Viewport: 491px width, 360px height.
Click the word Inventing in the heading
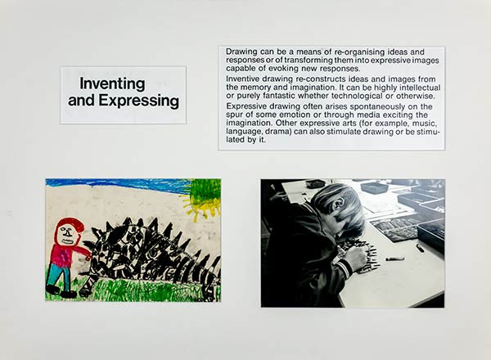point(112,84)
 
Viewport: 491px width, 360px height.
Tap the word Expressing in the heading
point(139,101)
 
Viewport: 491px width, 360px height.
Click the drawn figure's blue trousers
point(59,275)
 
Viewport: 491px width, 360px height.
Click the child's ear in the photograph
point(337,205)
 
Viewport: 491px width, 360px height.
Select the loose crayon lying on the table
point(394,259)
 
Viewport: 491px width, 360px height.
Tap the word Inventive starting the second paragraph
point(243,79)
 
